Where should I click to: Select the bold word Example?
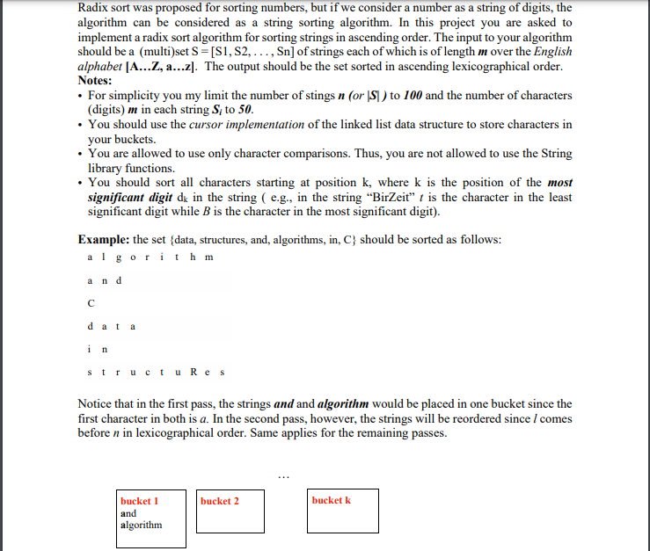pos(104,239)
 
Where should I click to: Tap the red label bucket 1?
pos(139,501)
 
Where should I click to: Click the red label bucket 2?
pos(219,501)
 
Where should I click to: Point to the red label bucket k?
pos(331,500)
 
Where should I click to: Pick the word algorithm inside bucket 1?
pos(142,525)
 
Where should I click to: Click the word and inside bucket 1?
pos(128,513)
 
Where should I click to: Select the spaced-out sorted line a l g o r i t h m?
pos(150,257)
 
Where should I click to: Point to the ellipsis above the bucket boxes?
pos(282,475)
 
